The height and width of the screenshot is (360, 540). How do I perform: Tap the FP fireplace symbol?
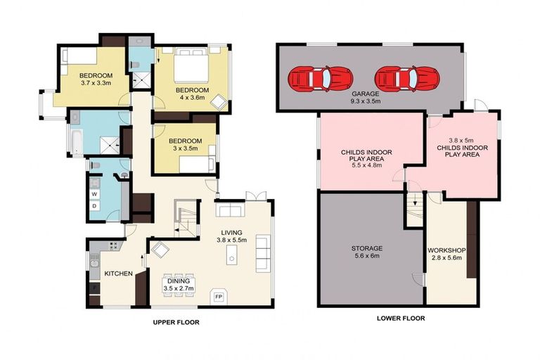coord(219,296)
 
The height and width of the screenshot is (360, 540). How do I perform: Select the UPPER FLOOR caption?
coord(176,322)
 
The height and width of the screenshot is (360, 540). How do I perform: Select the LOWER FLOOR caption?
coord(400,318)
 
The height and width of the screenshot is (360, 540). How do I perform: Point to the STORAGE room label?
coord(366,248)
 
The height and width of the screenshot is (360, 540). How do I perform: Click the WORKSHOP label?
coord(446,250)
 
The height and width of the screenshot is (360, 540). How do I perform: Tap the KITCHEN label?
coord(118,273)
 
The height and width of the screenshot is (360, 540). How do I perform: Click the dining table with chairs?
coord(179,284)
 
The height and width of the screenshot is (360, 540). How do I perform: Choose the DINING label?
coord(179,281)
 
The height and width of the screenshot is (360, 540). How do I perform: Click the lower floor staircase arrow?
coord(415,200)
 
